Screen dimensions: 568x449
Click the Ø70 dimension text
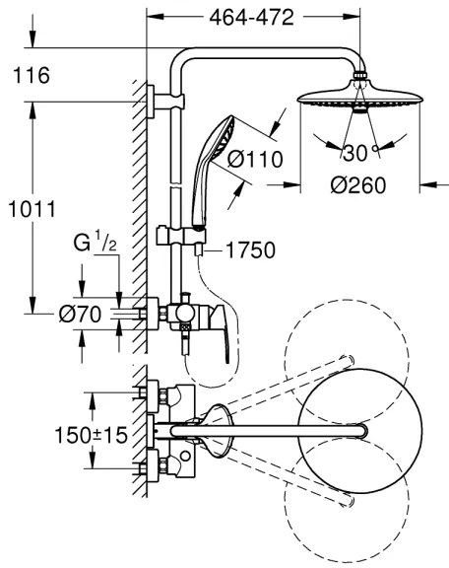pos(78,315)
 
